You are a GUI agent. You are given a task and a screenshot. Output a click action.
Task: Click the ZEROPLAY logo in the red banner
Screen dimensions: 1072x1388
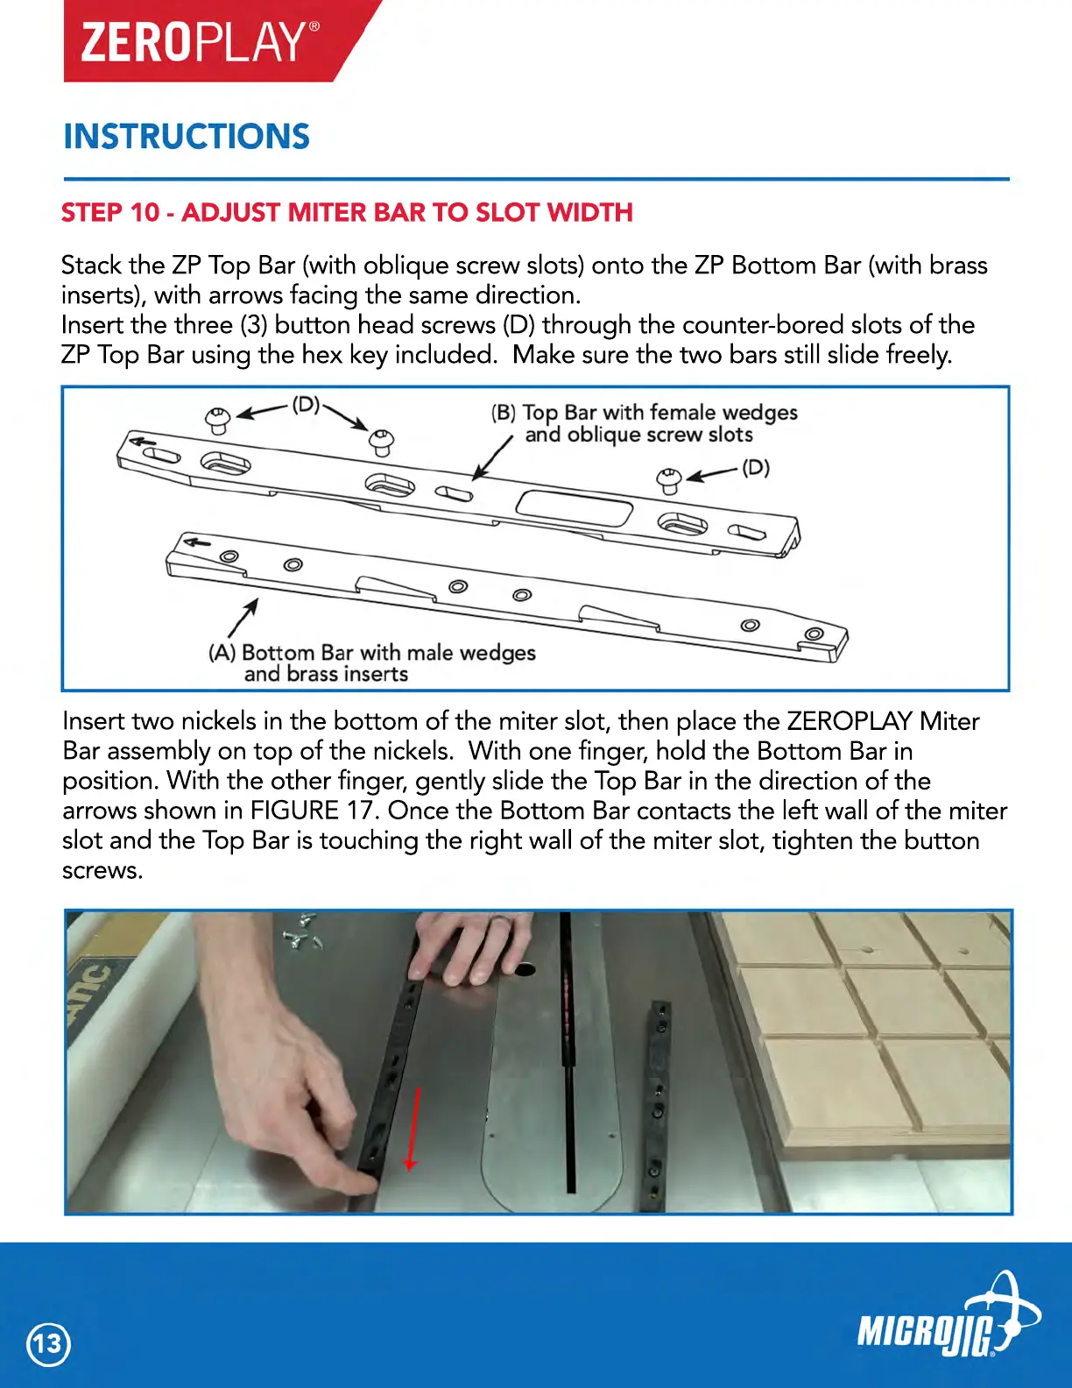click(x=200, y=43)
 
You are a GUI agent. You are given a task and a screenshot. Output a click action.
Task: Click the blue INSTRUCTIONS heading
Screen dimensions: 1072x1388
click(x=187, y=137)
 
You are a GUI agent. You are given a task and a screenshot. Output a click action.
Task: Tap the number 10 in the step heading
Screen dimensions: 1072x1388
click(x=145, y=213)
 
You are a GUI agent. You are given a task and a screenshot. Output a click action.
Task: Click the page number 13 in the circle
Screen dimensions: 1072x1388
click(x=48, y=1344)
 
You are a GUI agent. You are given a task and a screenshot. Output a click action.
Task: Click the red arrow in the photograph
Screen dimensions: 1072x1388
click(x=413, y=1129)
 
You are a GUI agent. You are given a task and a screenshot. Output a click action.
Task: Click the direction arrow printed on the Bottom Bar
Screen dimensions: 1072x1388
click(x=198, y=543)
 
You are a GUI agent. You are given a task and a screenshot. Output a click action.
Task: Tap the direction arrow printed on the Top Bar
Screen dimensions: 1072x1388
click(x=143, y=441)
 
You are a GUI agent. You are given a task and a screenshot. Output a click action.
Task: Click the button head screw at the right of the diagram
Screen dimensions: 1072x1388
click(x=668, y=480)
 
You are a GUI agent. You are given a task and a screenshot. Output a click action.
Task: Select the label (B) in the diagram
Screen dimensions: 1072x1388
click(x=503, y=413)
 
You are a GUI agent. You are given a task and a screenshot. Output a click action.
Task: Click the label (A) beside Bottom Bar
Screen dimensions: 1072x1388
click(x=222, y=653)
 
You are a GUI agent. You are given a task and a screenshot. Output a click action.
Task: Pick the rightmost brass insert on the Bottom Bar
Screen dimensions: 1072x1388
click(x=814, y=634)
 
